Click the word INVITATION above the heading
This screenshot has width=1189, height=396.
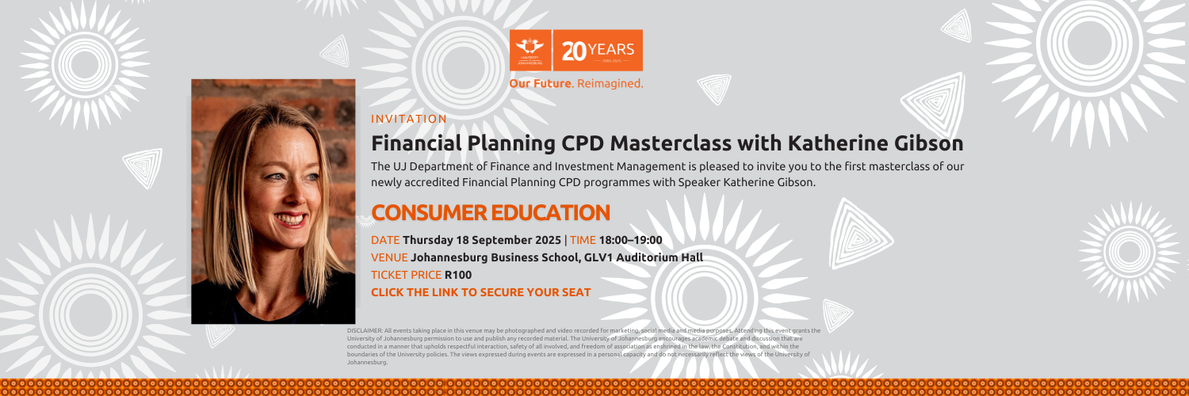click(409, 120)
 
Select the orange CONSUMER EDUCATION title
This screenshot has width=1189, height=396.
click(490, 212)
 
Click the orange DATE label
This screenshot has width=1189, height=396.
click(385, 240)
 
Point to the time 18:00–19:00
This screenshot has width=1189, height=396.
click(630, 240)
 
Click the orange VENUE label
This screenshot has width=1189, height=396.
click(389, 257)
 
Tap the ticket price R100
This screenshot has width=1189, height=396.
click(458, 275)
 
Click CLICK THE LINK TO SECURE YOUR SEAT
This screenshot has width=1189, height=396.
click(480, 292)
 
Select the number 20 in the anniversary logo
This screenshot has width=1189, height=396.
click(574, 51)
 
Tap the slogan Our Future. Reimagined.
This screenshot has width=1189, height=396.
click(576, 83)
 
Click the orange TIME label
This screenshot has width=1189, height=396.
click(583, 240)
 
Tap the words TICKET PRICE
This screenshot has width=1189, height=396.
click(406, 275)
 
